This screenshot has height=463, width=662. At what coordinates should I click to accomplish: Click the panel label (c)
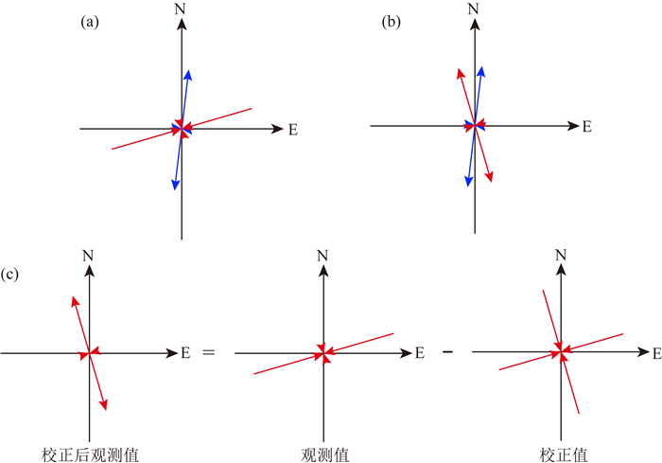coord(12,276)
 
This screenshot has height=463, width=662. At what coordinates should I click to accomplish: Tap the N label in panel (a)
coord(180,9)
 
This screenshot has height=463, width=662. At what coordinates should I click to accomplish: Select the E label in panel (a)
coord(293,129)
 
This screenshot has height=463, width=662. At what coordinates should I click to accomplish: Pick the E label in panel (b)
coord(586,126)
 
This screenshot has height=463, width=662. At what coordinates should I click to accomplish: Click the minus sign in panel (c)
coord(448,352)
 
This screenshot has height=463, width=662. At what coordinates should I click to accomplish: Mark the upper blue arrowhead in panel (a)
coord(188,74)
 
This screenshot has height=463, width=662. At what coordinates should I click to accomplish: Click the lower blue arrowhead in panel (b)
coord(467,182)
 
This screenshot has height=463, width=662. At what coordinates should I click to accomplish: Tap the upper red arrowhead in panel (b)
coord(460,72)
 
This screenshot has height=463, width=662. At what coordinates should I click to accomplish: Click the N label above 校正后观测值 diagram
coord(88,256)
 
